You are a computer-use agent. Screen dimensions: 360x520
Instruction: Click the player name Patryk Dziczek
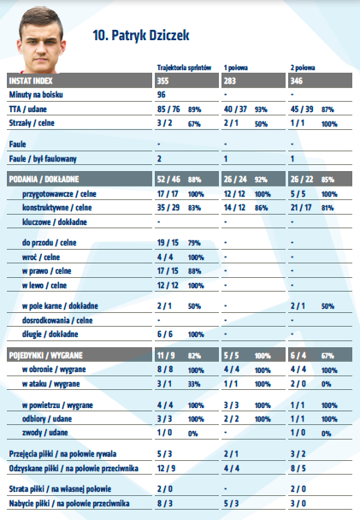[x=150, y=35]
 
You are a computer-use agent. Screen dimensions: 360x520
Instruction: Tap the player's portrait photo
[x=41, y=39]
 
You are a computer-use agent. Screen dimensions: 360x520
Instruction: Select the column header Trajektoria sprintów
[x=184, y=68]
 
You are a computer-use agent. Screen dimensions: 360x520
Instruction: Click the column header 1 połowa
[x=236, y=68]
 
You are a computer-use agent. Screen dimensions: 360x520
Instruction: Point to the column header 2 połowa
[x=303, y=68]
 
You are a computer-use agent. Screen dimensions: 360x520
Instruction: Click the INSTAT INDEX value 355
[x=162, y=81]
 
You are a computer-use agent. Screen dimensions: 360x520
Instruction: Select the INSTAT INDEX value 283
[x=230, y=81]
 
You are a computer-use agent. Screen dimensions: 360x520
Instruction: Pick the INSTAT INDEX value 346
[x=297, y=81]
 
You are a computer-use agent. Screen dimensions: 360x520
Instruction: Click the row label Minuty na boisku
[x=36, y=95]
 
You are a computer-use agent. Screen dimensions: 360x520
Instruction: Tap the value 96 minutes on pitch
[x=161, y=95]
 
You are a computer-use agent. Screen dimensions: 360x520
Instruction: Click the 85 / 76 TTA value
[x=168, y=109]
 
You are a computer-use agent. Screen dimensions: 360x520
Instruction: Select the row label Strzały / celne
[x=32, y=123]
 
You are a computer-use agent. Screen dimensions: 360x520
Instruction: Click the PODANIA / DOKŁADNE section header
[x=44, y=180]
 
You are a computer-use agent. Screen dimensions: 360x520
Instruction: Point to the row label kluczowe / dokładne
[x=55, y=222]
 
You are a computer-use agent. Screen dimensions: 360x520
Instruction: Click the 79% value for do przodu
[x=194, y=243]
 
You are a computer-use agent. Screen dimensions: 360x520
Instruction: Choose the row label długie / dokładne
[x=50, y=334]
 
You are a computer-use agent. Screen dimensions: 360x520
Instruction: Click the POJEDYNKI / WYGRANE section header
[x=45, y=356]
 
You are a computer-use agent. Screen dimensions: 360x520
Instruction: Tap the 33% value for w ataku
[x=194, y=384]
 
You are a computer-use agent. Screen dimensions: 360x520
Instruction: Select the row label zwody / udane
[x=44, y=433]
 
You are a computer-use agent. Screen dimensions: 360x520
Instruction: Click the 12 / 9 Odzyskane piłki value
[x=166, y=469]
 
